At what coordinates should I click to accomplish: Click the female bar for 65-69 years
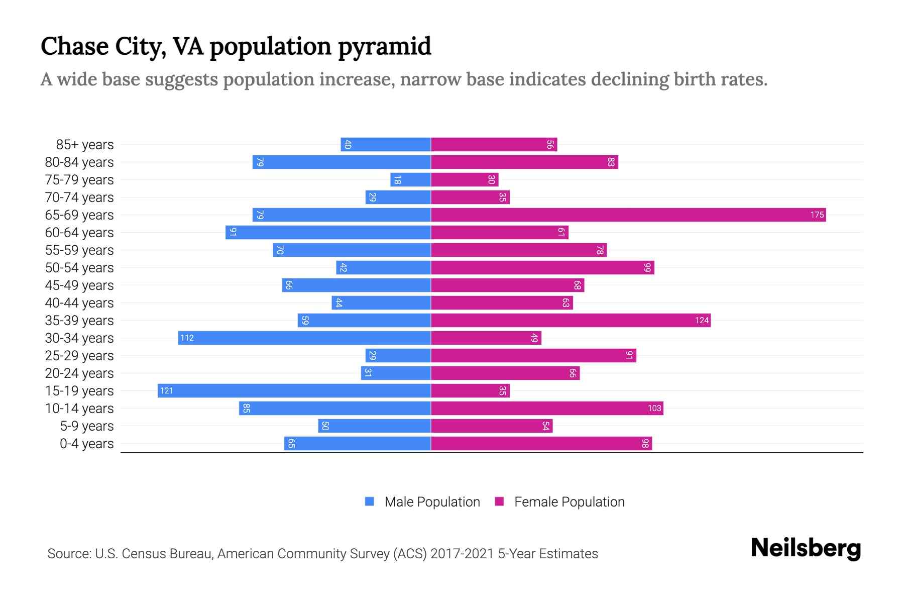point(628,215)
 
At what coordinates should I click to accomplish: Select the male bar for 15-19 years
point(294,391)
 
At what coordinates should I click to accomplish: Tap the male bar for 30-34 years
point(304,338)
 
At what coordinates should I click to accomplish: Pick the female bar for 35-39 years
point(570,321)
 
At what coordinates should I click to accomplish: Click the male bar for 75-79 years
point(410,180)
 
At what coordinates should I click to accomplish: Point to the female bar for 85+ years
point(494,145)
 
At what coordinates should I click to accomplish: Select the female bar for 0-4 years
point(541,444)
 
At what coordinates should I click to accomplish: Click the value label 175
point(817,215)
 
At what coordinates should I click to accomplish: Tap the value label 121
point(166,391)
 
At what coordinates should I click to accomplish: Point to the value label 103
point(654,409)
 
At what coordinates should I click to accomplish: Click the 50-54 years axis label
point(79,268)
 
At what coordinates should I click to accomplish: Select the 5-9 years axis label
point(87,426)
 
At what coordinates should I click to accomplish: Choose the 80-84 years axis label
point(79,162)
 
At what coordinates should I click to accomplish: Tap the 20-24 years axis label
point(79,373)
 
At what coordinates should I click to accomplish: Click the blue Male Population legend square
point(370,501)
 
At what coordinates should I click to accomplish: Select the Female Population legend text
point(569,502)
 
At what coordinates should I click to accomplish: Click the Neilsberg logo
point(806,548)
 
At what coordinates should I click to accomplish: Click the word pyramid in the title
point(384,47)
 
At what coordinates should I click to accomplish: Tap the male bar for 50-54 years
point(383,268)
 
